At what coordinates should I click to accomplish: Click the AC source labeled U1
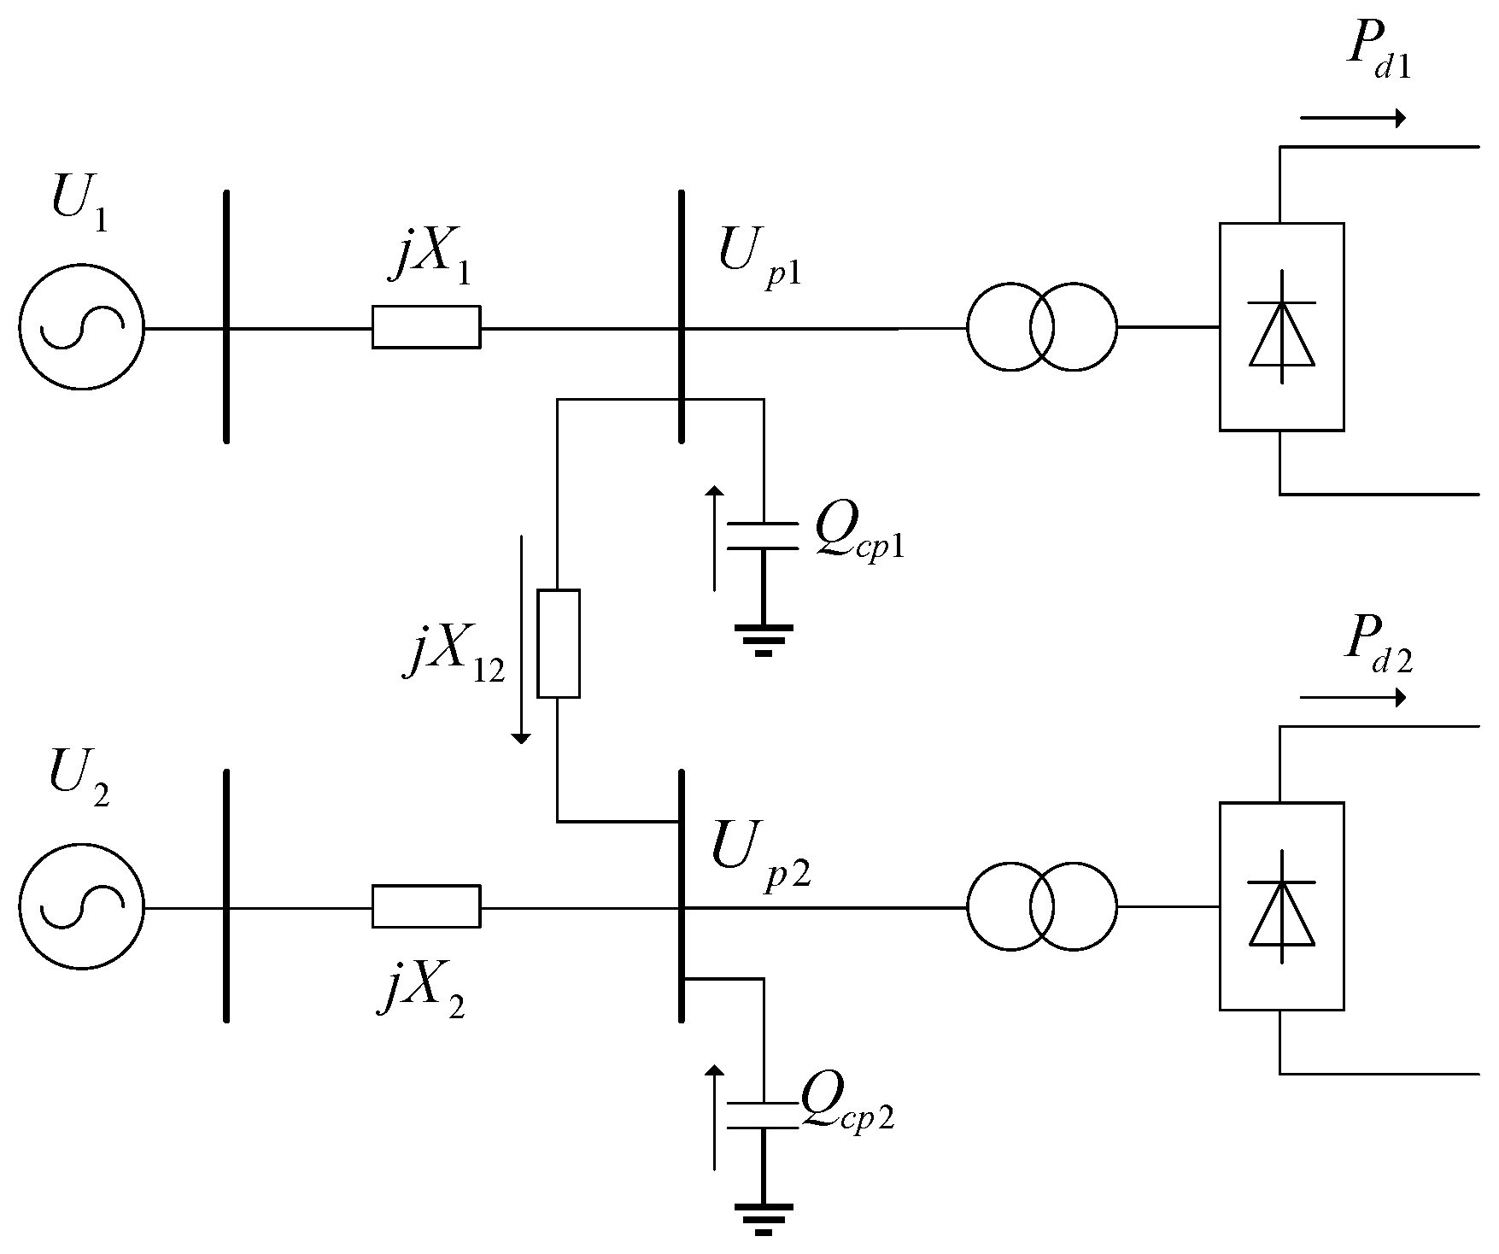(81, 328)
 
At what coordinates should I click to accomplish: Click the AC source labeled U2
(81, 907)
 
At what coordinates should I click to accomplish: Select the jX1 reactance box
(425, 327)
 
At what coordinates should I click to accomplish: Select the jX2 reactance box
(425, 906)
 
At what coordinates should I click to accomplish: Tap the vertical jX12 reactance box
(558, 643)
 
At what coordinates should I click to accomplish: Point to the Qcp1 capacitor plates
(762, 535)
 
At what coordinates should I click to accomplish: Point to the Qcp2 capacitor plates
(762, 1116)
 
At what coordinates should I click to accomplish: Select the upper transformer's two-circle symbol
(1041, 328)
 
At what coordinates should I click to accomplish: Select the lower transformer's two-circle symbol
(1041, 907)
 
